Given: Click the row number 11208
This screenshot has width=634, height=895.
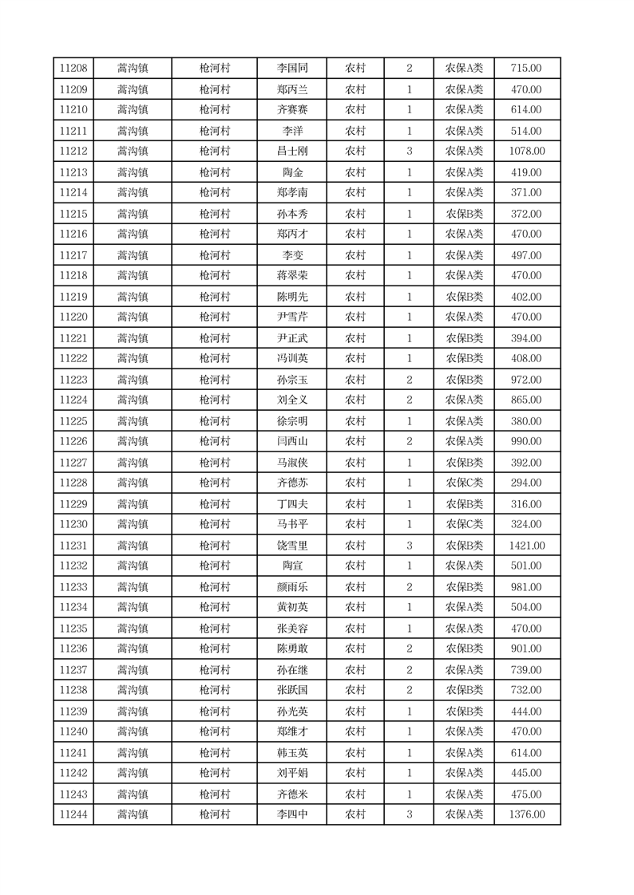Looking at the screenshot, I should (73, 69).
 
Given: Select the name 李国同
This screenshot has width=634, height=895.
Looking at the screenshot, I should (291, 69).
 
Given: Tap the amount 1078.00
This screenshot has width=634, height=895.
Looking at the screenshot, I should (526, 151).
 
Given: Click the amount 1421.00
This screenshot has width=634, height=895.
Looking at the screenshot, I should (526, 546).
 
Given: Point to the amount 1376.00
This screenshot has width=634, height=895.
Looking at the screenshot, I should (526, 814).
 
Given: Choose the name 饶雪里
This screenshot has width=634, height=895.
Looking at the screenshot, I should (291, 546).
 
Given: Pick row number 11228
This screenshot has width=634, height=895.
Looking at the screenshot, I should (73, 483).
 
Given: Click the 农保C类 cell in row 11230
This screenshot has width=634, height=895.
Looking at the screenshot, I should (464, 524).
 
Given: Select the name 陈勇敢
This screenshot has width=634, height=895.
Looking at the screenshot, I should (291, 649).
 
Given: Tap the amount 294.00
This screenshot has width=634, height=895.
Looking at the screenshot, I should (526, 483).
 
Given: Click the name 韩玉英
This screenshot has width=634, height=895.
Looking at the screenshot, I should (291, 752).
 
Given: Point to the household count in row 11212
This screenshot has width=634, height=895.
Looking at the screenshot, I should (409, 151).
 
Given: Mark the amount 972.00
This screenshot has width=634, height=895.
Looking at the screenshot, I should (526, 380).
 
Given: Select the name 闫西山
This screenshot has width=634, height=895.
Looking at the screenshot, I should (291, 441).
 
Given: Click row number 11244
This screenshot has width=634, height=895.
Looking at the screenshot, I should (73, 814).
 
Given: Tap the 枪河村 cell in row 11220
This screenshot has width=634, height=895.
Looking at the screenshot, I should (214, 317).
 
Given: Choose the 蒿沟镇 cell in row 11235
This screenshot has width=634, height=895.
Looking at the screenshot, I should (133, 629).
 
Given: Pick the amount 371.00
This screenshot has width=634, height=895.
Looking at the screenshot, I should (526, 192).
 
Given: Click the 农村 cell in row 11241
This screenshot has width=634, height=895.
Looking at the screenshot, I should (355, 752).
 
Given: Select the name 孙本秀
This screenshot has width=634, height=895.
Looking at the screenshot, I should (291, 214).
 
